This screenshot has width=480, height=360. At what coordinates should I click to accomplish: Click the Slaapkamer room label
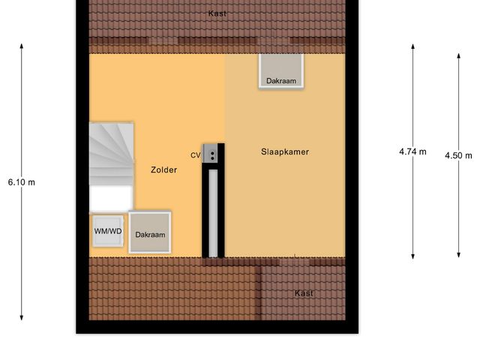(x=285, y=152)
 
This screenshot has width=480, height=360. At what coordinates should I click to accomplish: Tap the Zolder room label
(x=163, y=170)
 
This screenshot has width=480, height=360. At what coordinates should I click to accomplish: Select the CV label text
(x=195, y=155)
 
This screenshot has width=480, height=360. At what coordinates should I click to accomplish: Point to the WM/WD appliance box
(x=108, y=231)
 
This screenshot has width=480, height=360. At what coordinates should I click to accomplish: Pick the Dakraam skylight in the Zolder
(x=150, y=233)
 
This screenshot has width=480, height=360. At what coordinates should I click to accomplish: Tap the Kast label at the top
(x=217, y=13)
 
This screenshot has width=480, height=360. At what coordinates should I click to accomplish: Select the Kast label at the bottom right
(x=304, y=293)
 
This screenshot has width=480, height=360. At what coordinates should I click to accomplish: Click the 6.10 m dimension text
(x=21, y=182)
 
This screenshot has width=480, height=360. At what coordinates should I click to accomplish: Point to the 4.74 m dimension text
(x=412, y=151)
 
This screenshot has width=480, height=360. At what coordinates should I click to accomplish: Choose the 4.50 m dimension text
(x=458, y=156)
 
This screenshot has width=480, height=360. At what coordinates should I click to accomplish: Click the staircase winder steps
(x=111, y=154)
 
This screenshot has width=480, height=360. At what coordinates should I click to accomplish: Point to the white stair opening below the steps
(x=111, y=199)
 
